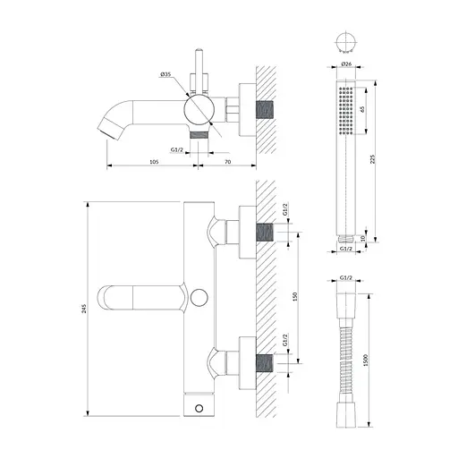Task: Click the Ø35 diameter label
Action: [x=165, y=74]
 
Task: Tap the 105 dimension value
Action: [x=154, y=162]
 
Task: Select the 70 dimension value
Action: [x=227, y=162]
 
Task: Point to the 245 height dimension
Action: [x=84, y=309]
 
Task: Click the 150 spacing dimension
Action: [x=295, y=296]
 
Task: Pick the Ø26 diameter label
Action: [x=346, y=64]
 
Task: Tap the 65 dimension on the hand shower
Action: [x=362, y=109]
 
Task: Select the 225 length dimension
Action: [x=372, y=159]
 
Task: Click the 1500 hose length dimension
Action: [x=366, y=360]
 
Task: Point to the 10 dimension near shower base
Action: [x=362, y=239]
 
